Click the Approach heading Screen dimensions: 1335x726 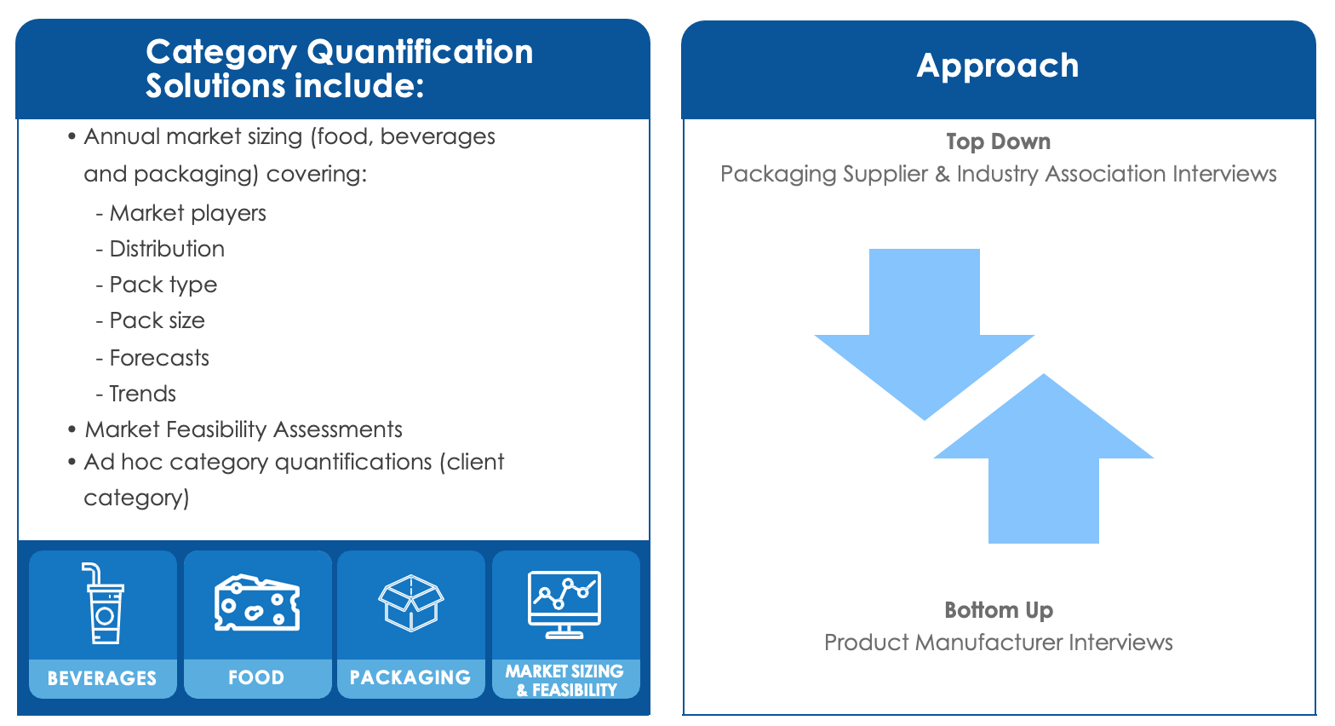point(998,66)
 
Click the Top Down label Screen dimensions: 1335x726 point(998,142)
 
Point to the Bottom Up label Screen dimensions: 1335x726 point(999,610)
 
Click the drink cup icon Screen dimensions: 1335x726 point(103,603)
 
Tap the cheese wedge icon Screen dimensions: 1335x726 point(257,602)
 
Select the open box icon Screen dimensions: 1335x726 point(411,602)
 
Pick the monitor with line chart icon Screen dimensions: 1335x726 point(564,604)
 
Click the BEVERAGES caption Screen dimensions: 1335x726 point(102,678)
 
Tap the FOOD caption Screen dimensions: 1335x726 point(256,677)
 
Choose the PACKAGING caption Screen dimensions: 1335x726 point(410,677)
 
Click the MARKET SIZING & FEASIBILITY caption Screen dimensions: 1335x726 point(564,681)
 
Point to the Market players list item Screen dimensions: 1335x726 point(180,214)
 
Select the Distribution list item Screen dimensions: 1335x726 point(160,249)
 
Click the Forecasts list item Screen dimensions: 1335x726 point(152,358)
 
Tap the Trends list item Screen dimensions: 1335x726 point(135,394)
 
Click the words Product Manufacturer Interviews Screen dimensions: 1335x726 point(998,642)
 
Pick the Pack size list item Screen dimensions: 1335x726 point(150,321)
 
